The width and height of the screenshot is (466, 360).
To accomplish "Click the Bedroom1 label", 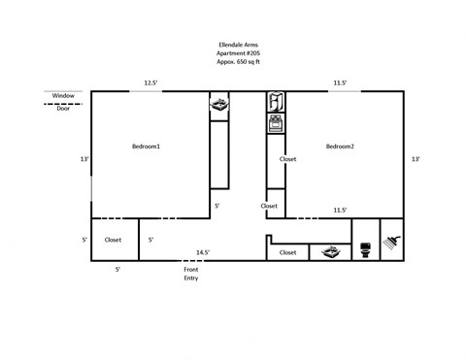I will (x=146, y=146).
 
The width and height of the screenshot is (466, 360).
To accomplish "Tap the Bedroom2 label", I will (x=340, y=146).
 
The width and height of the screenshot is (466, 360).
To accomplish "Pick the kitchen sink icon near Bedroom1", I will (x=221, y=104).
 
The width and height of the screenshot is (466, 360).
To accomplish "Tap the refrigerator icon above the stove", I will (x=276, y=102).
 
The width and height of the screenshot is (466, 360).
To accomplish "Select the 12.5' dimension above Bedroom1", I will (x=151, y=82).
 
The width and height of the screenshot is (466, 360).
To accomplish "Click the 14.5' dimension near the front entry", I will (x=203, y=252).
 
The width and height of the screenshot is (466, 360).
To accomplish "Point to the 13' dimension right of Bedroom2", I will (x=416, y=159).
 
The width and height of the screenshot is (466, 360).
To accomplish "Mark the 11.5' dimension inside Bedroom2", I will (x=341, y=210).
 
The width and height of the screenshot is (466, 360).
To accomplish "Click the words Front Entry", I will (x=190, y=274).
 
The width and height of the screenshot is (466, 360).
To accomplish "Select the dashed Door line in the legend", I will (x=63, y=103).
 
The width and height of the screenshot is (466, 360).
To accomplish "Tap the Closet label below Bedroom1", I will (x=113, y=239).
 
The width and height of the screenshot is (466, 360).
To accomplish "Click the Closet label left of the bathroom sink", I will (x=288, y=252).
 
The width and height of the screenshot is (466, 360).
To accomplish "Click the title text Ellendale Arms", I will (x=239, y=43).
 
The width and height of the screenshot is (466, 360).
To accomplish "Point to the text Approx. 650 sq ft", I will (x=239, y=61).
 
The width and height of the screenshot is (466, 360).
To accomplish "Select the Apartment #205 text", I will (x=239, y=52).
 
